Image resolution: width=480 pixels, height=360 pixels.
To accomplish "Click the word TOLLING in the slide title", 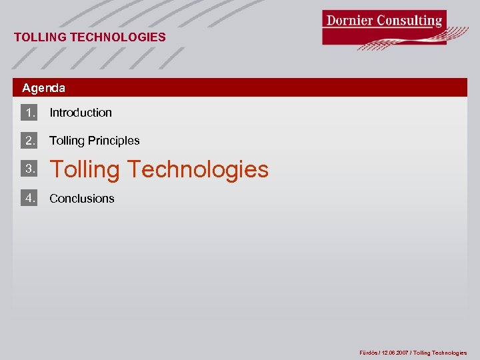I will tap(39, 37).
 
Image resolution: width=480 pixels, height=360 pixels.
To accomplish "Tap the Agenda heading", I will tap(43, 88).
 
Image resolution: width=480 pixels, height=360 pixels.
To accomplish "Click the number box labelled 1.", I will tap(29, 112).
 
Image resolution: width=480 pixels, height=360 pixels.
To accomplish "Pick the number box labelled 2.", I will tap(29, 140).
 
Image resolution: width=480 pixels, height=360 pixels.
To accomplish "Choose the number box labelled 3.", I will tap(29, 169).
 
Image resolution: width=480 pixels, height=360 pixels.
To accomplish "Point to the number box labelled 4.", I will tap(29, 197).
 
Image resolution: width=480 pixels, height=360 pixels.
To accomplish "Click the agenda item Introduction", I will tap(81, 113).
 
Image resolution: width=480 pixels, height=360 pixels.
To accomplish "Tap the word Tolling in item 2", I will tap(67, 141).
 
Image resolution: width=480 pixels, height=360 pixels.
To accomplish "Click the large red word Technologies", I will tap(198, 169).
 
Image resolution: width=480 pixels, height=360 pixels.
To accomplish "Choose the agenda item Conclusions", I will tap(82, 199).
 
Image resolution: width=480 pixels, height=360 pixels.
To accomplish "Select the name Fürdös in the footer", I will tap(369, 353).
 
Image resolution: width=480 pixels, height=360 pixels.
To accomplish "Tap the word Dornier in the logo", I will tap(349, 20).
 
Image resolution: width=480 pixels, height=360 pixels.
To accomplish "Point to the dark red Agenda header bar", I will tap(267, 88).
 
